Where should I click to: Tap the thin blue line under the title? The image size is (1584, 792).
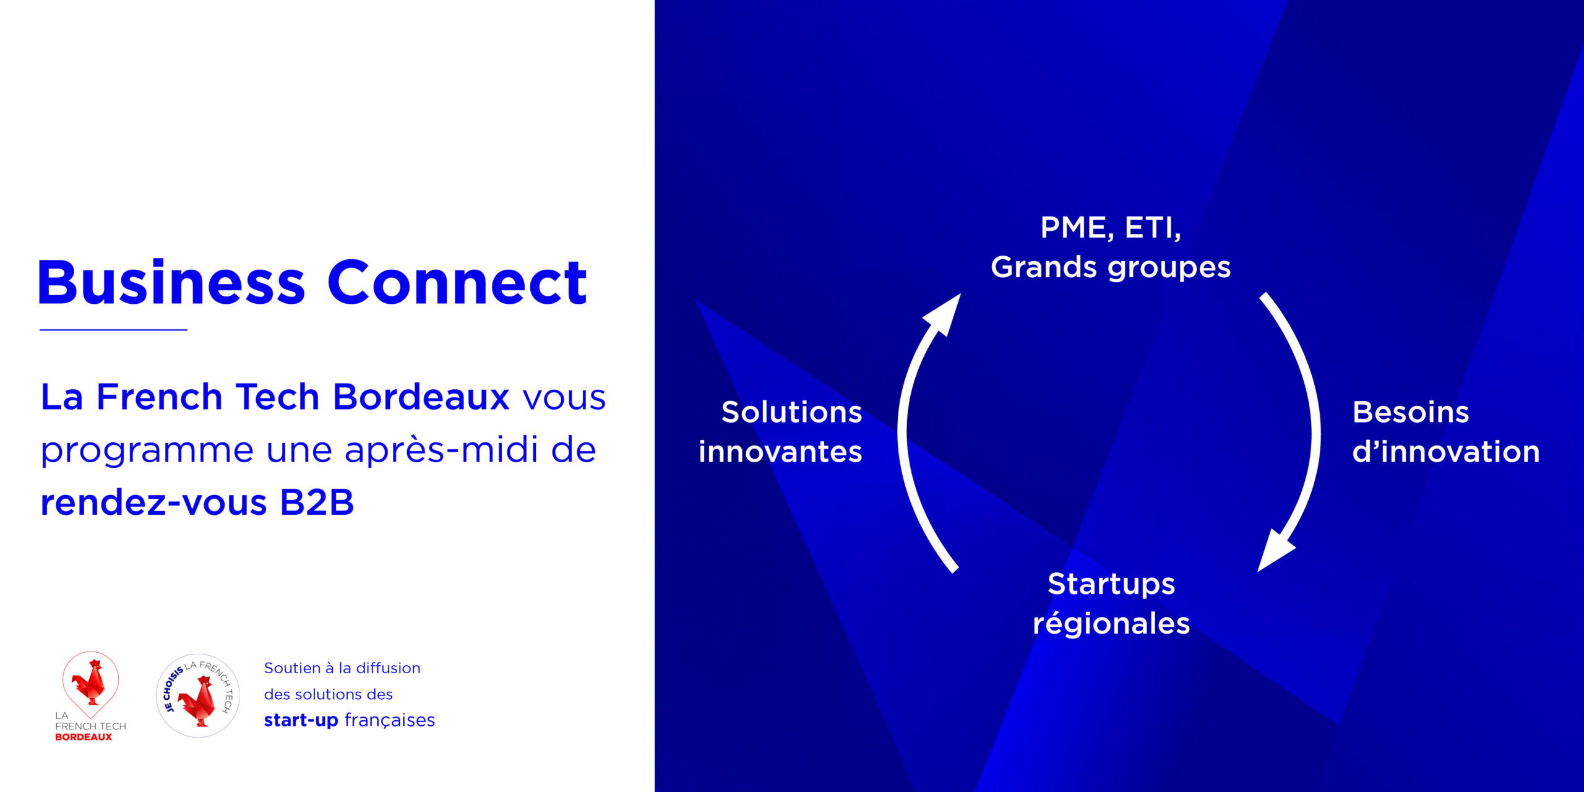[x=113, y=330]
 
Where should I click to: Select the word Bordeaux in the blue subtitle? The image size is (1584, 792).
[x=421, y=397]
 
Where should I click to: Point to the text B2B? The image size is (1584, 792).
[x=317, y=502]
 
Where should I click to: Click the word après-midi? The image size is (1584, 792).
[x=441, y=450]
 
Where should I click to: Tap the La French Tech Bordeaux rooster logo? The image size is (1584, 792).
[x=90, y=695]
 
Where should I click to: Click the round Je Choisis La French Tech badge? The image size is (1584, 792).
[x=198, y=695]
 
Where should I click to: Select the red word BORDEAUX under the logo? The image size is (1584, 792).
[x=84, y=737]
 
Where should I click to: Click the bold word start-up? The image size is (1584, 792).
[x=301, y=721]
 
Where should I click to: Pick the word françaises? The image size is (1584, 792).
[x=390, y=721]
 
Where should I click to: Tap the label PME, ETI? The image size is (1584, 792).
[x=1111, y=228]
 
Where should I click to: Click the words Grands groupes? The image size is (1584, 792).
[x=1111, y=268]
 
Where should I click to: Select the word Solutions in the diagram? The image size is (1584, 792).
[x=791, y=412]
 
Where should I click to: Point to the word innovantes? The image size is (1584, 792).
[x=780, y=452]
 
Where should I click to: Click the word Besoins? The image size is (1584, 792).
[x=1411, y=412]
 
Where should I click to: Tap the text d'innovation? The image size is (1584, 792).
[x=1446, y=452]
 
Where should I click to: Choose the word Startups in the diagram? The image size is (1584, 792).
[x=1111, y=585]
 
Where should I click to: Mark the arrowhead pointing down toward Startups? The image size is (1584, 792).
[x=1275, y=551]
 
